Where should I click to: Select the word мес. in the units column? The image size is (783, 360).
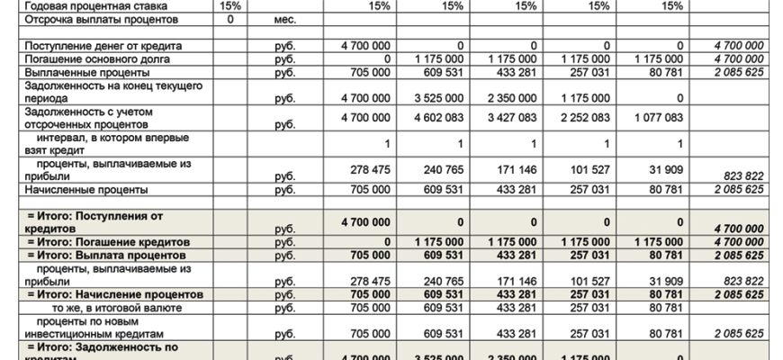click(285, 19)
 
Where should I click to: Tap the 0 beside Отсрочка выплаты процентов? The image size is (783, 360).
click(231, 19)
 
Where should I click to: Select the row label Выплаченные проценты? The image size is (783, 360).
click(80, 72)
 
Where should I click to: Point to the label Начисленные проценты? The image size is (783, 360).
click(81, 190)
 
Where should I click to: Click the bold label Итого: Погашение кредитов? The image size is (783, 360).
click(109, 242)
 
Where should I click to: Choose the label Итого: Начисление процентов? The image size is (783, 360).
click(112, 294)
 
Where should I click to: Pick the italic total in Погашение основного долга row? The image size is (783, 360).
click(739, 58)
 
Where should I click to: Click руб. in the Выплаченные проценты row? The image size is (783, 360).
click(285, 72)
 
